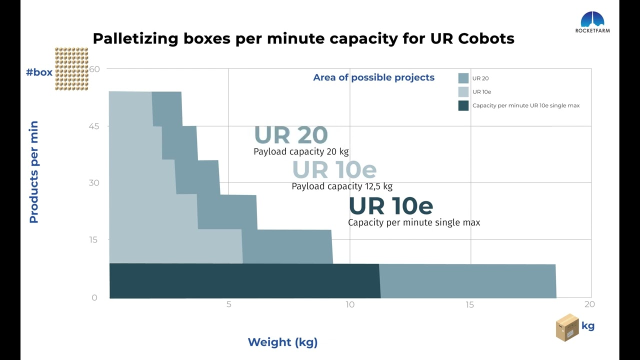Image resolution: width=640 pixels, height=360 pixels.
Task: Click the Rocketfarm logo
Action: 592,22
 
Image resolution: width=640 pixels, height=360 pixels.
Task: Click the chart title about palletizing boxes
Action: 303,38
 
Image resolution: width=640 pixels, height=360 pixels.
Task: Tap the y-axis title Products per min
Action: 33,172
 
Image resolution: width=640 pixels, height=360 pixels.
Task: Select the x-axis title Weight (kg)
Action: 282,342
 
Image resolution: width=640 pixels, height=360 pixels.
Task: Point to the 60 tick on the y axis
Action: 94,69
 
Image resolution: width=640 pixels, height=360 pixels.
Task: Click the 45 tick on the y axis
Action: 94,126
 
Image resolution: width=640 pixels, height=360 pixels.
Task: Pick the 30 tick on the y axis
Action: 94,182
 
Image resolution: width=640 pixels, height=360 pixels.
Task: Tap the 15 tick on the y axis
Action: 94,239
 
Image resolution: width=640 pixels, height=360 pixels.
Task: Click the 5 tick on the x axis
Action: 229,304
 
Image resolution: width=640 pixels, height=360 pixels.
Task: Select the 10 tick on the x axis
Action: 350,304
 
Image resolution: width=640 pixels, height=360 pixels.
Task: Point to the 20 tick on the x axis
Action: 589,304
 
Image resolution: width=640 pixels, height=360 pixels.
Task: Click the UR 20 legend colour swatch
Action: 463,78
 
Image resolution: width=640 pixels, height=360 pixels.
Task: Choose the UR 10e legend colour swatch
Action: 463,92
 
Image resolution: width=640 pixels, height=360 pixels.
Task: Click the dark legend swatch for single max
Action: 463,105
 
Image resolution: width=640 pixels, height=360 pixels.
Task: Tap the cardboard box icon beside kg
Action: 567,327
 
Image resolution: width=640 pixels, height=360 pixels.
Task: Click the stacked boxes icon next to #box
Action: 71,69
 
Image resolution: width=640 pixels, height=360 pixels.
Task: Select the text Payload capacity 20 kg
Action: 301,151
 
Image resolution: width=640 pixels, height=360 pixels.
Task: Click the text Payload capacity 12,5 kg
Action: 342,186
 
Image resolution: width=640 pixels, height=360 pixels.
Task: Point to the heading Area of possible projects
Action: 373,77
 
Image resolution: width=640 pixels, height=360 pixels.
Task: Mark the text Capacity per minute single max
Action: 414,222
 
